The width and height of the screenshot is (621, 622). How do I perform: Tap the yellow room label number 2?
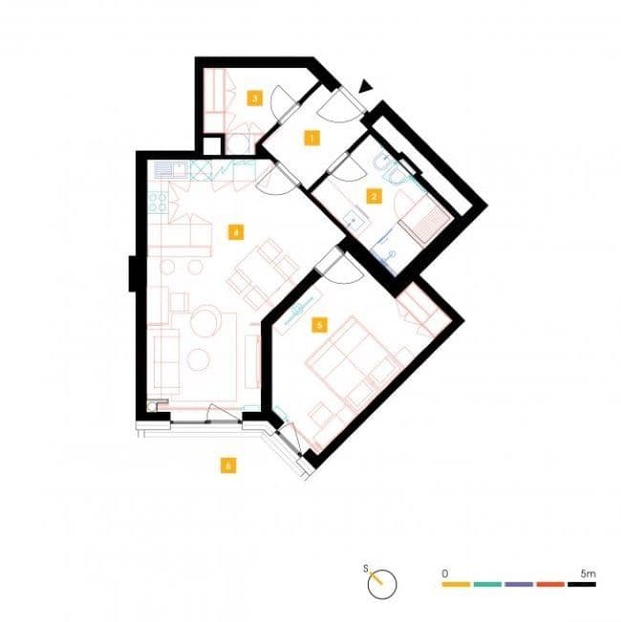[374, 198]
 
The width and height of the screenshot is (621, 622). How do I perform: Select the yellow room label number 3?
[253, 97]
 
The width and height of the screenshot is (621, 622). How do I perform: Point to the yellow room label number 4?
[233, 230]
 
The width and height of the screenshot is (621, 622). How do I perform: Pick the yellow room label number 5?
[319, 325]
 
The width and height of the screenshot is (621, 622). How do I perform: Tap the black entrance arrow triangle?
[364, 87]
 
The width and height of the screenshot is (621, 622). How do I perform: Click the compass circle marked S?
[381, 583]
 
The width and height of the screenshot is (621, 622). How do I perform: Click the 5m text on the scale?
[588, 571]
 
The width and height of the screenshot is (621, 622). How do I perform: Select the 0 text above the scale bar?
[445, 571]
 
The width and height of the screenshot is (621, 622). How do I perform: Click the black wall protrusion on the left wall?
[134, 273]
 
